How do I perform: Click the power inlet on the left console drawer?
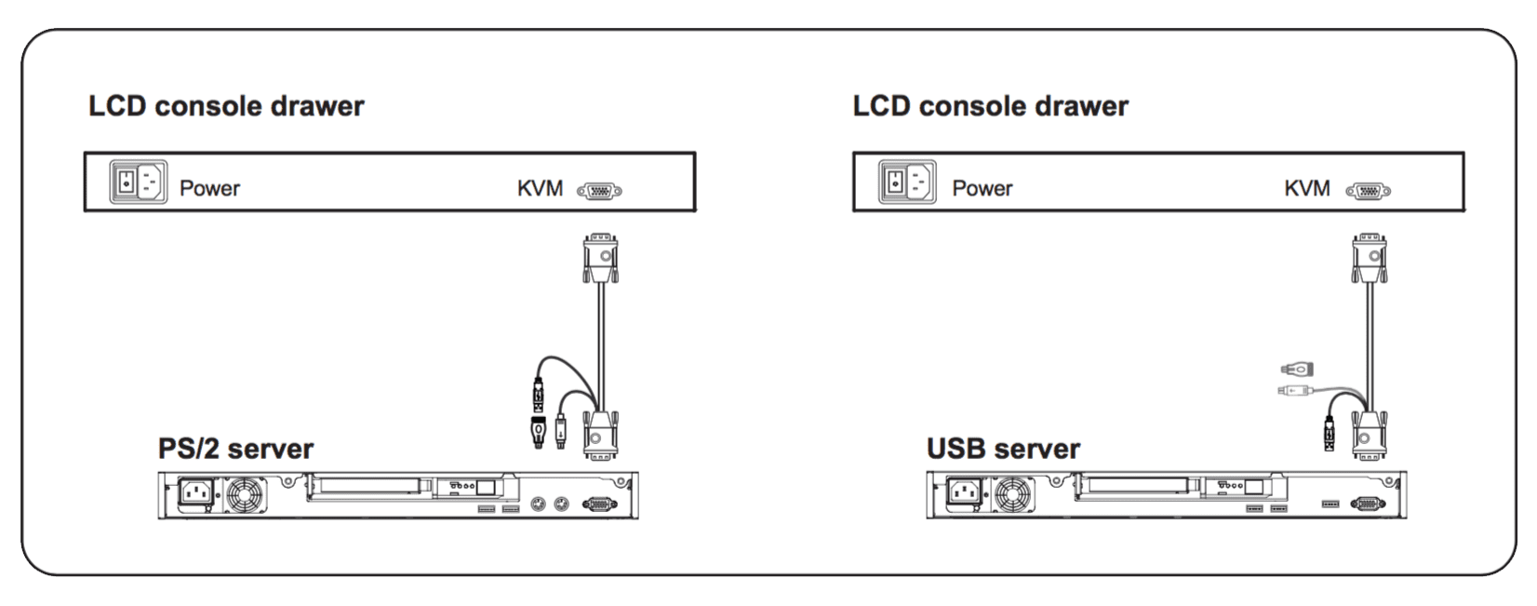tap(139, 182)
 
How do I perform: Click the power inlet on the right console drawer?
tap(907, 182)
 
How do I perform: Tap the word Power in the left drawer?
tap(209, 188)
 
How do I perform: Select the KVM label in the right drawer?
tap(1306, 188)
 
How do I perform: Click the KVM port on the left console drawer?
tap(599, 191)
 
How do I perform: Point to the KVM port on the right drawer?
tap(1368, 191)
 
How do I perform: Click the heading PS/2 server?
tap(235, 449)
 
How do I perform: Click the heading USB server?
tap(1003, 449)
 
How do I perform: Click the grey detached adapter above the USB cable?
tap(1296, 369)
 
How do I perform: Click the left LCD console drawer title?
tap(226, 106)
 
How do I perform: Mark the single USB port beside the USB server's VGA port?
tap(1330, 504)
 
